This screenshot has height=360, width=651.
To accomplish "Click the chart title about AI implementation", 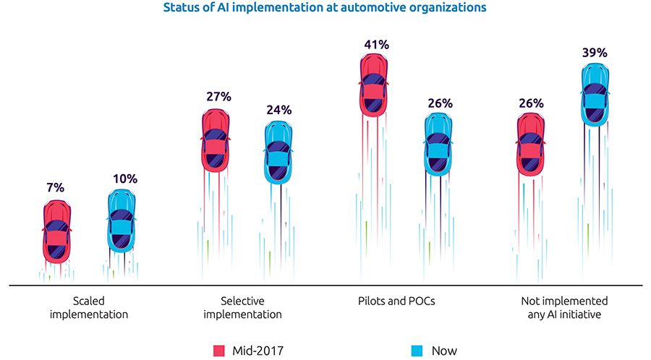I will (x=325, y=8).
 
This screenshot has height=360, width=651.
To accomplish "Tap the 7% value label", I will (x=55, y=188).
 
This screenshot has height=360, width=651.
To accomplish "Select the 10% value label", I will (x=124, y=179).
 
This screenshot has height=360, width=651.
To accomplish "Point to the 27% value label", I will (x=218, y=97).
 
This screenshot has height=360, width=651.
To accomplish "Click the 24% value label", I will (x=278, y=110).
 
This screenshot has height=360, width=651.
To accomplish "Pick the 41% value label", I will (x=376, y=45).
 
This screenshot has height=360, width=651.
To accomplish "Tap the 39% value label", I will (x=595, y=53).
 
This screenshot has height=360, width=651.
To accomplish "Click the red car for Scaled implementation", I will (x=57, y=231).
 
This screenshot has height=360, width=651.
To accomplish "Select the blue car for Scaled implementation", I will (x=122, y=222).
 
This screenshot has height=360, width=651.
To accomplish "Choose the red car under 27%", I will (x=216, y=140).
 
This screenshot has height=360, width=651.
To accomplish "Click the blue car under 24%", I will (x=278, y=153).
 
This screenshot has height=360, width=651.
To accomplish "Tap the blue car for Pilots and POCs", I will (x=438, y=145).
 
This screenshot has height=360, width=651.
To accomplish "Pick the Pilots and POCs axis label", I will (x=396, y=301).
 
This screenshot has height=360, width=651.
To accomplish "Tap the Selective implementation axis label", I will (x=242, y=307).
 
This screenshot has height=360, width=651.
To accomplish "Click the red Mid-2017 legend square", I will (x=218, y=351).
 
